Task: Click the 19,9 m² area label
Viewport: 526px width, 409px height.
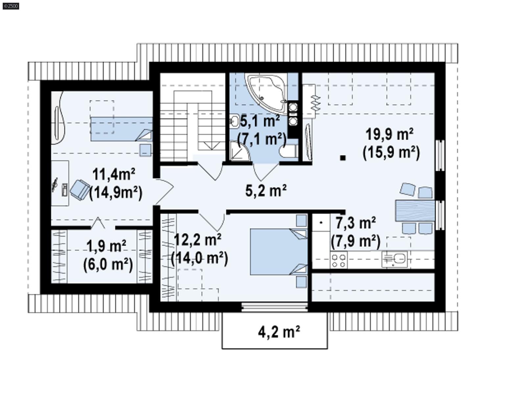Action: pos(390,134)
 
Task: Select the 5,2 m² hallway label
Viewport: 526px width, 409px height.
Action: pos(266,190)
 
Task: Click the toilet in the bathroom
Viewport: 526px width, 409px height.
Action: pos(289,152)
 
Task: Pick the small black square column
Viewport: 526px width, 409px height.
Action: pos(343,158)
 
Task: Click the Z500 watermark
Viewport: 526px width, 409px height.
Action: pos(11,6)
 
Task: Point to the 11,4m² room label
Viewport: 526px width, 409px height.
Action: pos(113,174)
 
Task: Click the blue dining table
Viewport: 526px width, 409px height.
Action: pos(415,210)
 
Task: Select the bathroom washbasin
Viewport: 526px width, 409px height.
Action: pos(234,121)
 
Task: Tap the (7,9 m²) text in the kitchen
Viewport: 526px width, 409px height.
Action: pos(355,241)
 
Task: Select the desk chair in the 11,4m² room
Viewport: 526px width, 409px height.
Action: pos(80,189)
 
